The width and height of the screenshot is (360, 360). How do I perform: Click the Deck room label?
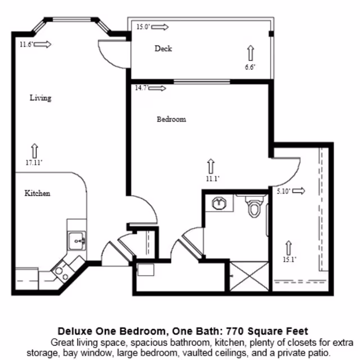point(163,48)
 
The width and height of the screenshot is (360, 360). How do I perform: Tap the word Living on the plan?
point(40,98)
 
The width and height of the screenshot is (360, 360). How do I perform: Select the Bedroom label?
point(171,119)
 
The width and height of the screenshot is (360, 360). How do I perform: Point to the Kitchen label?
point(38,193)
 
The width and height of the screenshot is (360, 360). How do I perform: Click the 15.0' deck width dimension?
point(143,26)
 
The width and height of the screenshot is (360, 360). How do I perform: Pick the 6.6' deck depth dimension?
point(250,67)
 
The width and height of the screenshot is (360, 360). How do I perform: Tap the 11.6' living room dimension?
point(25,44)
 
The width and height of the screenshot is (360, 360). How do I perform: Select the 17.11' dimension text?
point(34,163)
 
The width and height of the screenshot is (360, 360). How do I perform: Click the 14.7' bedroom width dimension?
point(142,88)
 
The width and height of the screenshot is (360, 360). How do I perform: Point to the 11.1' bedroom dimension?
point(211,178)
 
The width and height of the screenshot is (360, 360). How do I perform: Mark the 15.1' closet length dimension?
point(290,259)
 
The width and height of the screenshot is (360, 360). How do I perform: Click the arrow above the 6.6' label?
point(250,53)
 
